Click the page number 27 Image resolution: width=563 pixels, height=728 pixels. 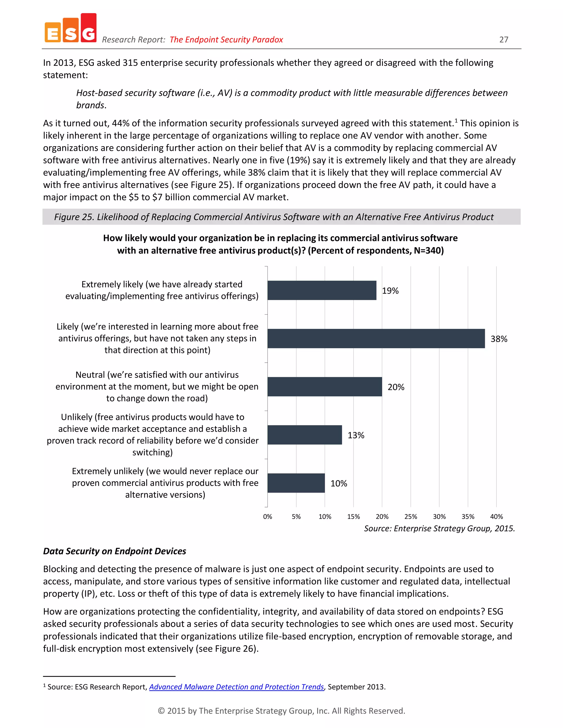[504, 40]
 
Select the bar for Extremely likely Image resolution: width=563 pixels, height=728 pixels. [322, 290]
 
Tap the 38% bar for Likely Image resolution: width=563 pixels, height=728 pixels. [376, 339]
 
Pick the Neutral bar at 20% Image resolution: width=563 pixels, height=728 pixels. [325, 387]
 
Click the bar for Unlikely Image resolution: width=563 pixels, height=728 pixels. [305, 435]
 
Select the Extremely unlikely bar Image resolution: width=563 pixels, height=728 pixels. [296, 483]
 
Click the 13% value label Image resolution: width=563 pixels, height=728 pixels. [356, 435]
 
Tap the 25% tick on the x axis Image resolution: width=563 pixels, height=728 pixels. [411, 517]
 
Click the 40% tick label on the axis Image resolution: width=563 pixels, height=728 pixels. [496, 517]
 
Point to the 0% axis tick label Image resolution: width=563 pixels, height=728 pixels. [267, 517]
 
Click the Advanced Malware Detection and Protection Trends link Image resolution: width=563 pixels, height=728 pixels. [236, 687]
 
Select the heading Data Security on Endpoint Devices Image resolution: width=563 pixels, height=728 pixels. [114, 551]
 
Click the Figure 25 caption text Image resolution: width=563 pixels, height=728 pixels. [274, 217]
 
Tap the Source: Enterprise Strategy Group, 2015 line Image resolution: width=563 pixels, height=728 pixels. [439, 528]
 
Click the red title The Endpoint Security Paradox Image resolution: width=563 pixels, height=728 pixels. [226, 40]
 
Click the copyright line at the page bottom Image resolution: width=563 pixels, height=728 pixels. [281, 711]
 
